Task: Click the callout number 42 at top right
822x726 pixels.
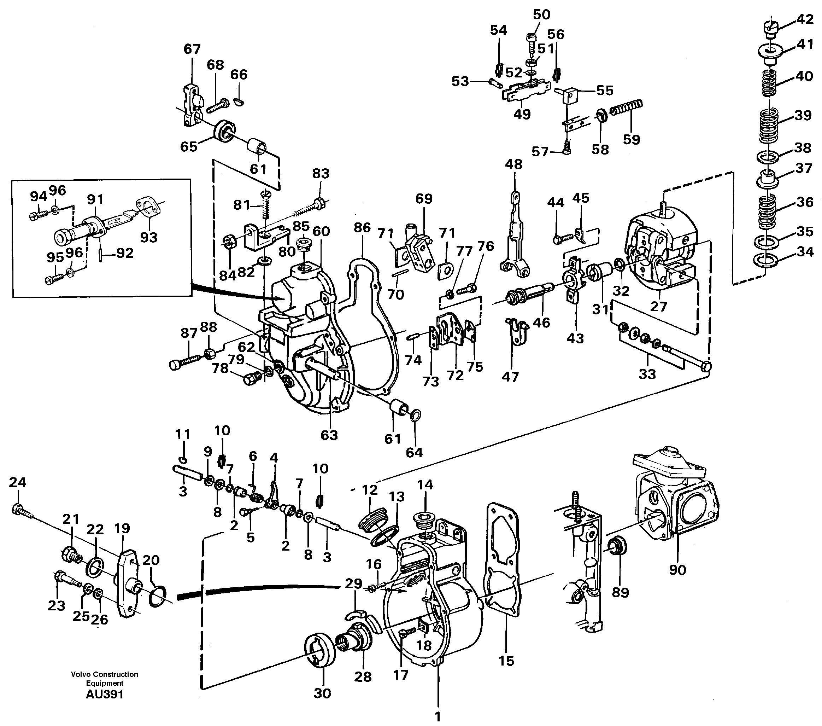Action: (x=805, y=19)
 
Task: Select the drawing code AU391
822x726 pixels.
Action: (x=105, y=694)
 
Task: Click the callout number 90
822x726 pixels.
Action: (x=677, y=569)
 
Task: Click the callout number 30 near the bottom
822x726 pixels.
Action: (x=322, y=693)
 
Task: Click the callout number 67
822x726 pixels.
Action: (x=192, y=49)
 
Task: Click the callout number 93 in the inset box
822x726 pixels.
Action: (x=148, y=237)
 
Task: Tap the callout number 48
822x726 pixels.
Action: (x=514, y=164)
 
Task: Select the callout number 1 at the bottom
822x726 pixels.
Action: (x=438, y=716)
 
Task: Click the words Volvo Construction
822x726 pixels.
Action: (x=105, y=674)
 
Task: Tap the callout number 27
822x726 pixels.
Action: (x=659, y=307)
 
